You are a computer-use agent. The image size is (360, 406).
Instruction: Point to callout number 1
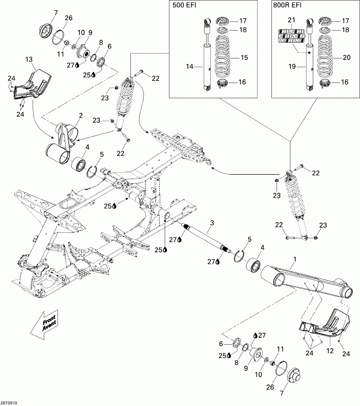click(294, 259)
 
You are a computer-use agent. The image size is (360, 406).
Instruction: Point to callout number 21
click(292, 20)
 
